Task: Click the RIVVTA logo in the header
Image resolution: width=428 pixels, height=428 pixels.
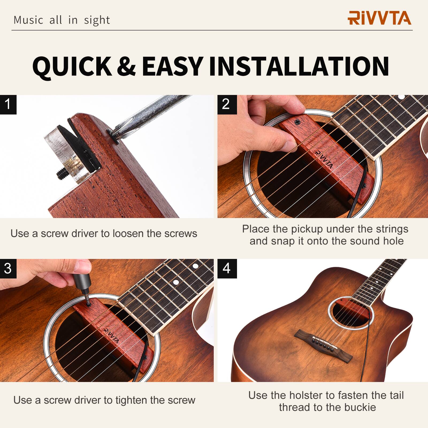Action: pyautogui.click(x=379, y=18)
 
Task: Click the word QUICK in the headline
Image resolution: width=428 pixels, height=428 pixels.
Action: pyautogui.click(x=72, y=66)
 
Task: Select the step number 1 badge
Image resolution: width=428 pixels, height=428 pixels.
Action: pyautogui.click(x=8, y=104)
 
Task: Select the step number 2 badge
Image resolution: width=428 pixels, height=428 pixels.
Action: pyautogui.click(x=227, y=104)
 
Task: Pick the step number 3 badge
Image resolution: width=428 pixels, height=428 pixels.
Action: pyautogui.click(x=8, y=268)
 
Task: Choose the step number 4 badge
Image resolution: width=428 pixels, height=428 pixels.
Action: pyautogui.click(x=227, y=268)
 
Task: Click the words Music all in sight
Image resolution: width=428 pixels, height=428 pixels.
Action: pyautogui.click(x=62, y=20)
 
